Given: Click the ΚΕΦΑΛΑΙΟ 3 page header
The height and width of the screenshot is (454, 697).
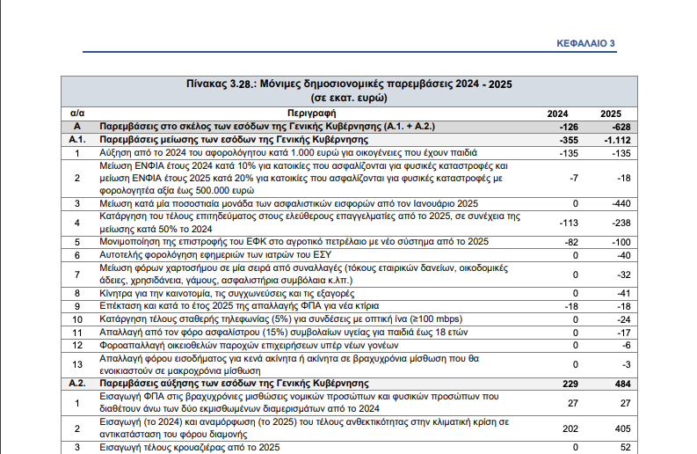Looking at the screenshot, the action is click(585, 43).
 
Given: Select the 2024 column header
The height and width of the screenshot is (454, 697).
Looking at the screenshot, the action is click(557, 114).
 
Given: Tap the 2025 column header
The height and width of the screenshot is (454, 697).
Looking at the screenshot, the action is click(611, 114).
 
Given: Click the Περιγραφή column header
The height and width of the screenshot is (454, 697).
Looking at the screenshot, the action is click(312, 113).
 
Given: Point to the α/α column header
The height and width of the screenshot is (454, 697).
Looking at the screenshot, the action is click(77, 113).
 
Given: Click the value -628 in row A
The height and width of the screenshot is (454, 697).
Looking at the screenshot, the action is click(621, 128).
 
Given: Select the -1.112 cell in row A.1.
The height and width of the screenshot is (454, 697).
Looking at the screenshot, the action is click(617, 140).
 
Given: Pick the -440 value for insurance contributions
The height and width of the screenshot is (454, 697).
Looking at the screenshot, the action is click(621, 204).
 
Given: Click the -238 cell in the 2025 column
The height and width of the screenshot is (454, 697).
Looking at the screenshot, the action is click(621, 223).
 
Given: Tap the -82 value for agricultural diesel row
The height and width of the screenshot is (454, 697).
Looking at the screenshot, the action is click(571, 243).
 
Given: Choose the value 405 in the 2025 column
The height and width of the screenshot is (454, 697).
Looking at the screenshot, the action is click(623, 428).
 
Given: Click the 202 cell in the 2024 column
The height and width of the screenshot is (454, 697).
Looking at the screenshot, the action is click(570, 428).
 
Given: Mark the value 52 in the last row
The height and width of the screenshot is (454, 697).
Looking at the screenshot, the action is click(626, 448).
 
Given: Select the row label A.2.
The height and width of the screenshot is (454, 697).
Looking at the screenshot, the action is click(77, 384).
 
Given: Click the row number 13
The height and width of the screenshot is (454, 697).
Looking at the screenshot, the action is click(77, 364).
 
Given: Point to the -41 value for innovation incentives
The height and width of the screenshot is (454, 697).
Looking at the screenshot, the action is click(623, 294).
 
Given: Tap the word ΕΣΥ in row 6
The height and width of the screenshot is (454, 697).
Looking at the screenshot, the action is click(323, 255).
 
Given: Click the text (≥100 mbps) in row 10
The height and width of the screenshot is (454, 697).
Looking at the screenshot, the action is click(436, 319).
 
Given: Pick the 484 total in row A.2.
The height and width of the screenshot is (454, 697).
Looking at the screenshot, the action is click(623, 384).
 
